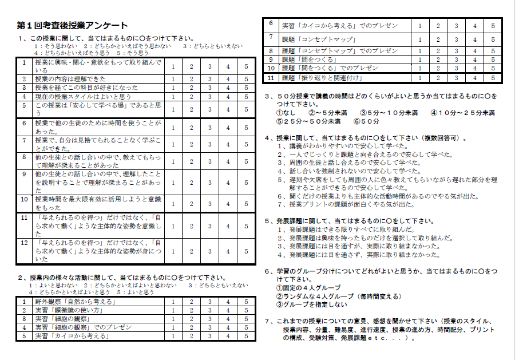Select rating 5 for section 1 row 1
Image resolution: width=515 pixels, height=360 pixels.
pyautogui.click(x=246, y=66)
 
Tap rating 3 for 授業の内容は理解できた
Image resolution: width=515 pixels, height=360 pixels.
pyautogui.click(x=209, y=79)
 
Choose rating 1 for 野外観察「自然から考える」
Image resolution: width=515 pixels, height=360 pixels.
pyautogui.click(x=173, y=302)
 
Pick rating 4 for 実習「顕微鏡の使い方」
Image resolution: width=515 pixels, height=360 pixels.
pyautogui.click(x=228, y=310)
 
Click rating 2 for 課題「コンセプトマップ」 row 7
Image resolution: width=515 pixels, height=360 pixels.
pyautogui.click(x=438, y=39)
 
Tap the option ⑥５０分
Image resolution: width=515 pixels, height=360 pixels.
pyautogui.click(x=366, y=121)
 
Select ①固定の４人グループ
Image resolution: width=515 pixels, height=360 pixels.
pyautogui.click(x=308, y=287)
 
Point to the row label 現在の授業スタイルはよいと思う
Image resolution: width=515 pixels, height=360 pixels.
pyautogui.click(x=84, y=97)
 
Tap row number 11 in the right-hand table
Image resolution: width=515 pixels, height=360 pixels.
pyautogui.click(x=271, y=78)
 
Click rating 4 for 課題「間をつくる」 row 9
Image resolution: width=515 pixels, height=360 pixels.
pyautogui.click(x=474, y=60)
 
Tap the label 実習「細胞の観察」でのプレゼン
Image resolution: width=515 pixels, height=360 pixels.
pyautogui.click(x=84, y=327)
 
